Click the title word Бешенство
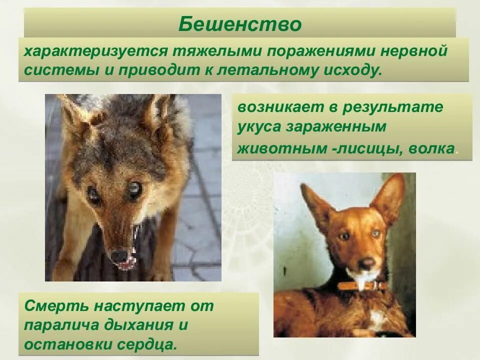239,24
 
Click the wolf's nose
119,256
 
